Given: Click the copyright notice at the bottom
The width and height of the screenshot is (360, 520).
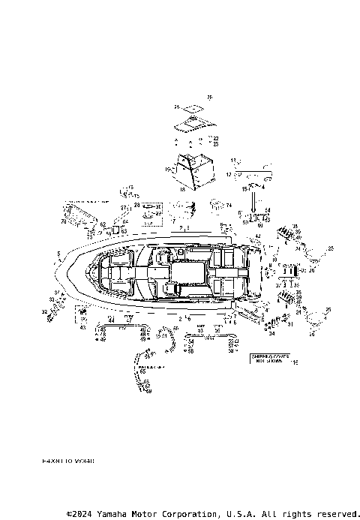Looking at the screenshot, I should (213, 513).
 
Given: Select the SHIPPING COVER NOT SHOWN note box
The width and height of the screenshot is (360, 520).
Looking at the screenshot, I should (268, 360).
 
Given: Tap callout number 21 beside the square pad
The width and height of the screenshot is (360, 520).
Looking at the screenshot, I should (178, 107).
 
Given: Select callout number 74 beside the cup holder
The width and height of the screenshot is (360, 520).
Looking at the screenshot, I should (229, 205).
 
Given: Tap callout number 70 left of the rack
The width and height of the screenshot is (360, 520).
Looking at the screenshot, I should (63, 222).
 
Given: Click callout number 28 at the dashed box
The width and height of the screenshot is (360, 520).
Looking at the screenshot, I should (136, 205).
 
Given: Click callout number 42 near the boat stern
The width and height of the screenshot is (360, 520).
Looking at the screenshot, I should (257, 236).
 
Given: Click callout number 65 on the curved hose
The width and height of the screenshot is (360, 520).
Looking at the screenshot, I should (142, 371).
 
